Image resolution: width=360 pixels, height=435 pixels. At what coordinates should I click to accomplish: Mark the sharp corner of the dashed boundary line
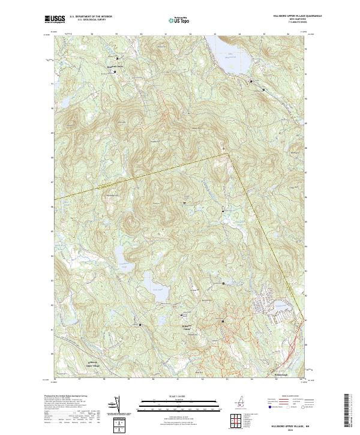pos(229,153)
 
